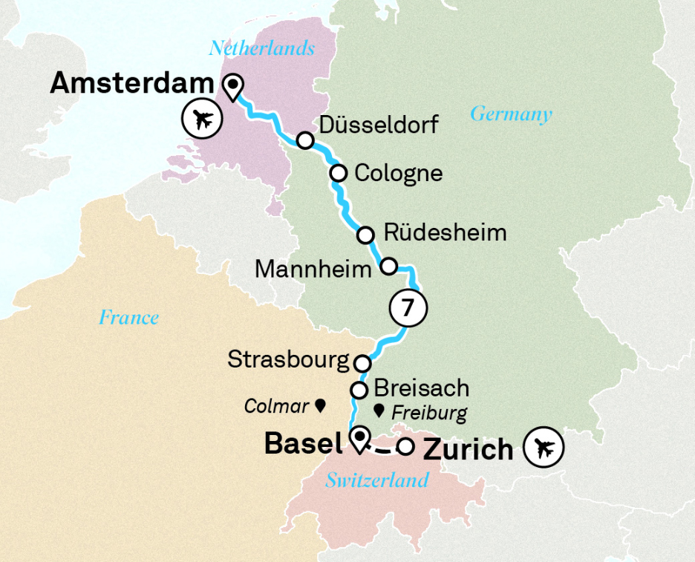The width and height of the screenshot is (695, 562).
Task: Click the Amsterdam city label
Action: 131,84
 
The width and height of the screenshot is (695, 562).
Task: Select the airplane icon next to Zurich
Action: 544,448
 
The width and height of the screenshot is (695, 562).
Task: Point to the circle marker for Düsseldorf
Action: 304,140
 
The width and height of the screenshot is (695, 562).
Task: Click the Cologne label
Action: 398,173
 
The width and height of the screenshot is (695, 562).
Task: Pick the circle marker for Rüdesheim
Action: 365,235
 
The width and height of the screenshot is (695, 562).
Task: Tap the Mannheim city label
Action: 313,269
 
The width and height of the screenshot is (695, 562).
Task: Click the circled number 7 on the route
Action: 408,309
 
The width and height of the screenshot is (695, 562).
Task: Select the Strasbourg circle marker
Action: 362,364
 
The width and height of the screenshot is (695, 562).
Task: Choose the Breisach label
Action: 421,388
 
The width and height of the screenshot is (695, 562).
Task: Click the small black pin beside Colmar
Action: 321,405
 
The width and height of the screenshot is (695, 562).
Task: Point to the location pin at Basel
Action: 360,439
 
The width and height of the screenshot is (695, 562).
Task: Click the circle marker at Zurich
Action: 405,447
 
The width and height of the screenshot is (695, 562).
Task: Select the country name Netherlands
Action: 261,49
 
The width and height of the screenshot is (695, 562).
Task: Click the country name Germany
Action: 511,114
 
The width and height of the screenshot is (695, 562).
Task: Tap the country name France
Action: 128,318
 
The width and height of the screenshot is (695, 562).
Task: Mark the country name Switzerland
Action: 377,480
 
